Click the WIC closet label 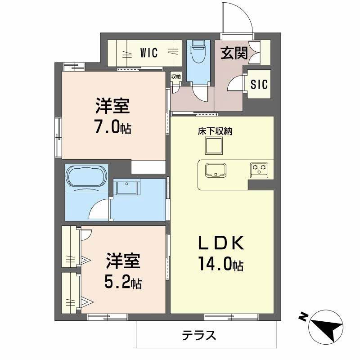coord(148,53)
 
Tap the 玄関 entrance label coord(234,53)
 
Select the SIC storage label coord(259,84)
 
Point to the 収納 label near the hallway coord(176,76)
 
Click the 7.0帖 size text coord(112,128)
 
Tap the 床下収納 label coord(215,132)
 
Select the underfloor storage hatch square coord(214,146)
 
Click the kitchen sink coord(216,170)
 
